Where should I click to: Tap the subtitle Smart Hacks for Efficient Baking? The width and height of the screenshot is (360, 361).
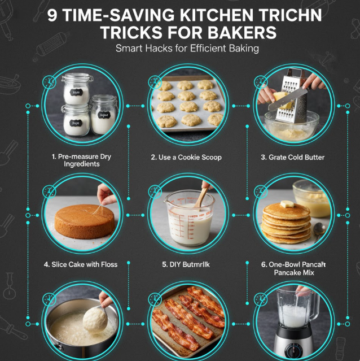[x=187, y=49]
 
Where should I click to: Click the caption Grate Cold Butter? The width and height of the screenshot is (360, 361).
[x=292, y=158]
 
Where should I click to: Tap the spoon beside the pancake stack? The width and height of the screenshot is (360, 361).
[x=319, y=229]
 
